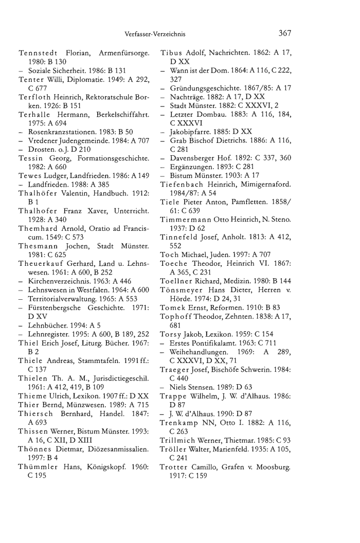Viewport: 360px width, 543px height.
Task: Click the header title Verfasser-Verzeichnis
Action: [x=155, y=35]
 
